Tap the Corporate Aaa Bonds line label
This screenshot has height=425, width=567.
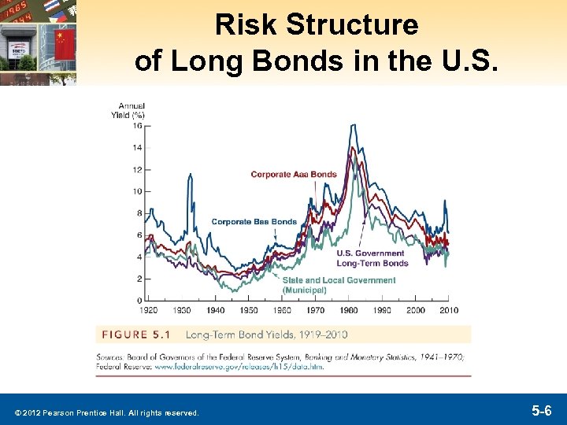[294, 175]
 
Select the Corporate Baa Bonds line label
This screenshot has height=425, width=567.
[254, 222]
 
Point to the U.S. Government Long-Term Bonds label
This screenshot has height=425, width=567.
[372, 258]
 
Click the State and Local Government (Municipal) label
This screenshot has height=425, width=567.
[339, 285]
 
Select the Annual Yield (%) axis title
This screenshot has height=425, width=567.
[131, 110]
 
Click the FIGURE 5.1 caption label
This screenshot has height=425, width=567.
[136, 334]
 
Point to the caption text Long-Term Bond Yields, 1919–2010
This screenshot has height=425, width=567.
[266, 334]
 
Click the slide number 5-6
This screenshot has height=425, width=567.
[541, 410]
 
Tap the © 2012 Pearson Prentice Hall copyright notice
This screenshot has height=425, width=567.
[105, 412]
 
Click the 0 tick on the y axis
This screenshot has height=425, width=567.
[139, 301]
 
